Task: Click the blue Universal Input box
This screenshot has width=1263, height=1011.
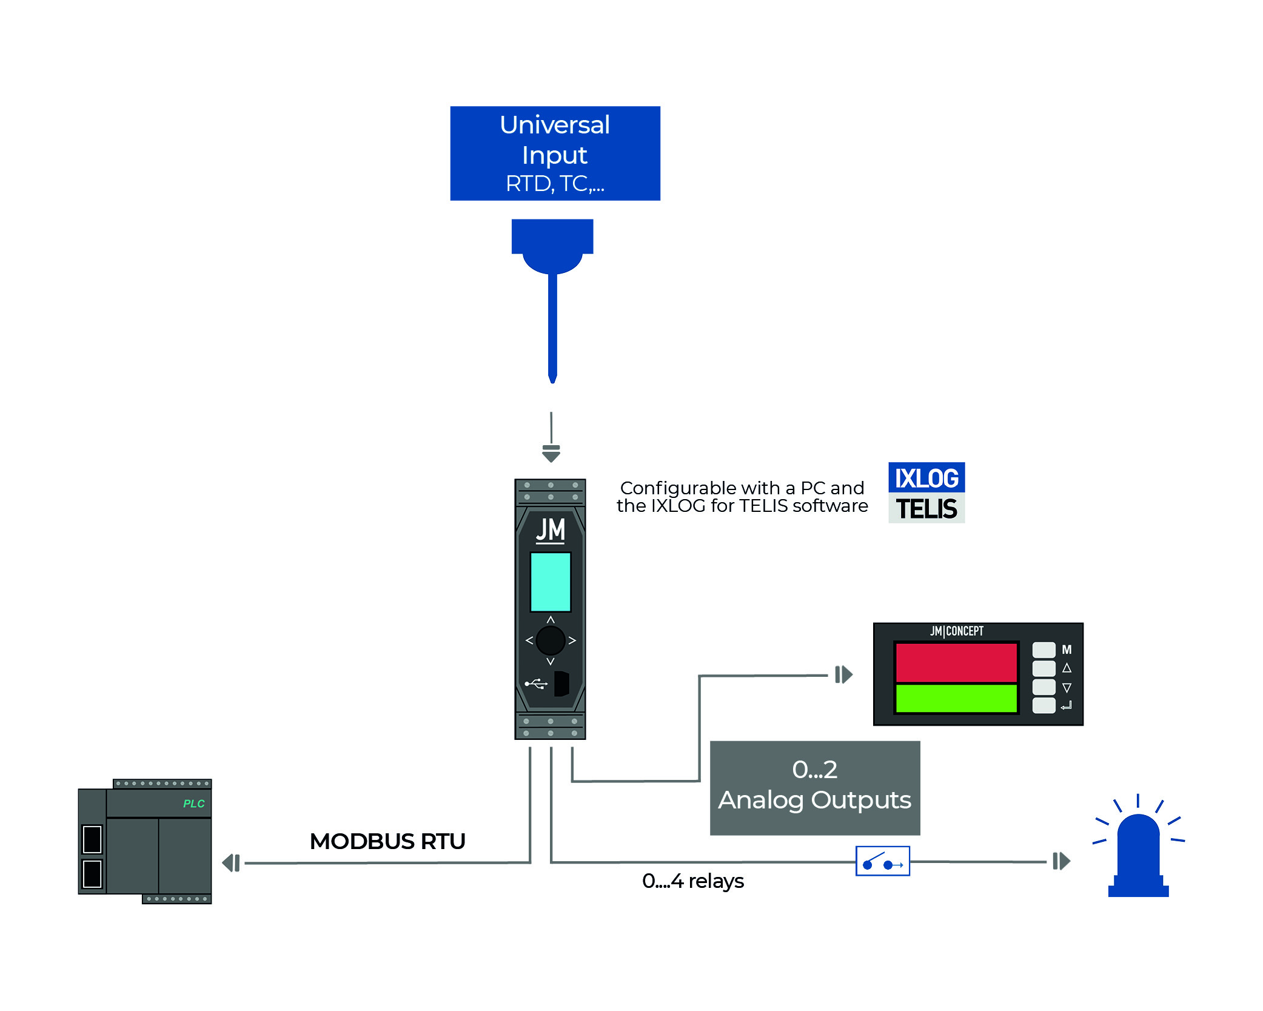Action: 555,153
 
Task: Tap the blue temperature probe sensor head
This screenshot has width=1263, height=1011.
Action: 552,246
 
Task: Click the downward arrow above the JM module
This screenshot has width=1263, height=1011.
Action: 551,453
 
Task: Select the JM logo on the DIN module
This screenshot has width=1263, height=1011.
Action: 551,529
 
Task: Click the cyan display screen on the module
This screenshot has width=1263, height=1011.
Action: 551,582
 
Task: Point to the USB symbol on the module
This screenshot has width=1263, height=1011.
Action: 536,684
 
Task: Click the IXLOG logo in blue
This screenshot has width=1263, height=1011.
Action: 926,478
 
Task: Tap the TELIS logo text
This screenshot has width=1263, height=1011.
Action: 926,509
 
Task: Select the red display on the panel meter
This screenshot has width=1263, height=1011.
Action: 956,662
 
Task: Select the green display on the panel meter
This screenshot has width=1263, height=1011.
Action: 956,698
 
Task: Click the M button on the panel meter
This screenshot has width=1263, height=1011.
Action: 1044,650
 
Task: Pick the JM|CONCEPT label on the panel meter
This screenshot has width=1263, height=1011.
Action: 956,631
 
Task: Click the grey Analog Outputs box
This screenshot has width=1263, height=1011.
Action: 814,787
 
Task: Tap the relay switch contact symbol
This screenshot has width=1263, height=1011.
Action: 882,861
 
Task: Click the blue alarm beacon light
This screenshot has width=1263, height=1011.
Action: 1138,855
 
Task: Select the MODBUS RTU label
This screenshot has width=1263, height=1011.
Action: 387,841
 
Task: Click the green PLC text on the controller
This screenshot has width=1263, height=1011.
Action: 193,804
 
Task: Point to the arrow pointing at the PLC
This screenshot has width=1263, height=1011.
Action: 231,862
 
